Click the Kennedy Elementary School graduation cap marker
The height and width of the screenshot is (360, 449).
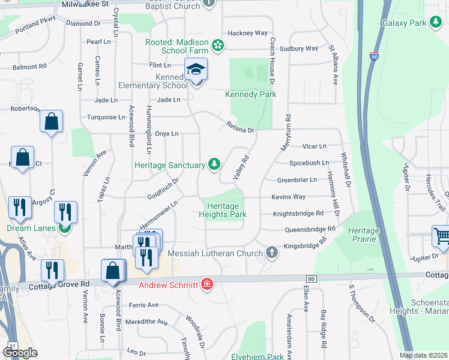pos(196,70)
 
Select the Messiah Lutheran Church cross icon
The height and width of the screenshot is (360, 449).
pos(272,252)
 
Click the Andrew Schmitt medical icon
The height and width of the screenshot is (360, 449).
pos(207,284)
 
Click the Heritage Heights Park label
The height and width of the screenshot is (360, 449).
pos(223,210)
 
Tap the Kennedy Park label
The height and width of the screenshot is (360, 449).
pos(250,94)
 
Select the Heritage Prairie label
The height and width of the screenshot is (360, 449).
pos(363,235)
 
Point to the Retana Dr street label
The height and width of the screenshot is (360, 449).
pos(241,127)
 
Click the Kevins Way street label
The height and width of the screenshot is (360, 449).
pos(288,197)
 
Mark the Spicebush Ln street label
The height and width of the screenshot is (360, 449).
pos(309,163)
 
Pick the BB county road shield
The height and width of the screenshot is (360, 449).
pos(311,278)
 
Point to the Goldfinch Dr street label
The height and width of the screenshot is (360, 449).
pos(163,188)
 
